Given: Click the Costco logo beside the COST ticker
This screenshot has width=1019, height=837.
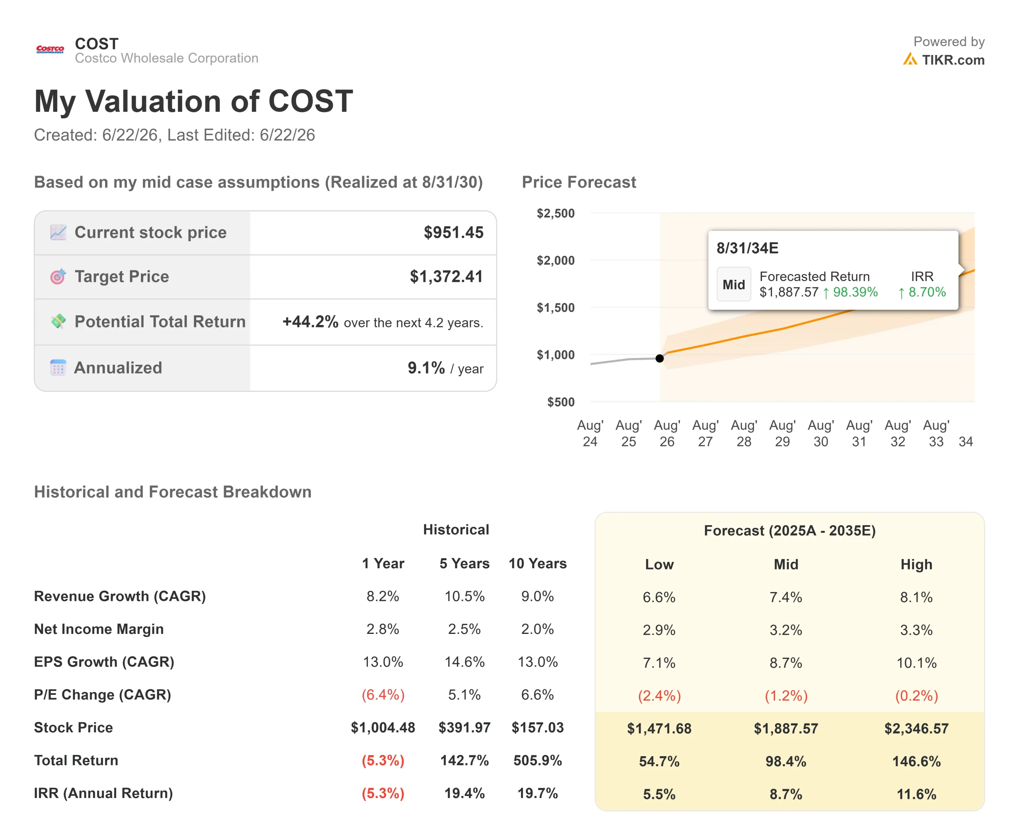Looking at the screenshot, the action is [x=50, y=49].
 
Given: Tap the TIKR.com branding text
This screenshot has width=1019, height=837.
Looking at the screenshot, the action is [x=953, y=60].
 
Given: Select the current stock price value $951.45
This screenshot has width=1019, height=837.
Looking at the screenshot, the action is [x=453, y=233].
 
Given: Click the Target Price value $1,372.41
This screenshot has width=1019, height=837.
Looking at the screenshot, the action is [x=446, y=276].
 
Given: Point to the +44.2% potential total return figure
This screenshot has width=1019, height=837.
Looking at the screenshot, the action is [x=310, y=322].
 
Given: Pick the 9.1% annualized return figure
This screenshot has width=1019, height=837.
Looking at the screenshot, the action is [x=426, y=368].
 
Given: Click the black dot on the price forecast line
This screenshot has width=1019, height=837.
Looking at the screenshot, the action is [x=660, y=358].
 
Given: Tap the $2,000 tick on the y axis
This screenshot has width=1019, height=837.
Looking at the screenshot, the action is [x=556, y=260].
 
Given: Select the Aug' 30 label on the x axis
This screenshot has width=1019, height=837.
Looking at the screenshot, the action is [x=820, y=434].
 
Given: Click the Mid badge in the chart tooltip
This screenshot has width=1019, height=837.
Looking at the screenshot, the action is [x=734, y=284].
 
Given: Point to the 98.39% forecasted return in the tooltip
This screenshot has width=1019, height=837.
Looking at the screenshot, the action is [x=855, y=292].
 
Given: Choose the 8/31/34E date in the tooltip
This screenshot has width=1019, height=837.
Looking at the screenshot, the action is [x=747, y=248].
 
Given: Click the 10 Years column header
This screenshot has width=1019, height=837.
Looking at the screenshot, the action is [x=537, y=563].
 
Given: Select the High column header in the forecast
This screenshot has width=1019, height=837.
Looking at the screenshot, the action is [x=916, y=564].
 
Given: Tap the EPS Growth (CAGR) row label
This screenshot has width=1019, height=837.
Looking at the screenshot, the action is [x=104, y=662].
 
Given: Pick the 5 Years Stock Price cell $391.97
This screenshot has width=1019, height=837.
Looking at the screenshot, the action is [x=464, y=727].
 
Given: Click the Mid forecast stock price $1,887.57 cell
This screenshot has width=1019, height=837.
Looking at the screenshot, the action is [x=786, y=729].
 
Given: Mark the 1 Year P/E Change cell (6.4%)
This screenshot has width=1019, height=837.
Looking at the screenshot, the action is [x=383, y=695].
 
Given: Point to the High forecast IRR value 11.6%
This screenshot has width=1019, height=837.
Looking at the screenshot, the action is [x=916, y=794].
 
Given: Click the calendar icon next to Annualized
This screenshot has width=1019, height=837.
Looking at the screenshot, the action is [x=58, y=368].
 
